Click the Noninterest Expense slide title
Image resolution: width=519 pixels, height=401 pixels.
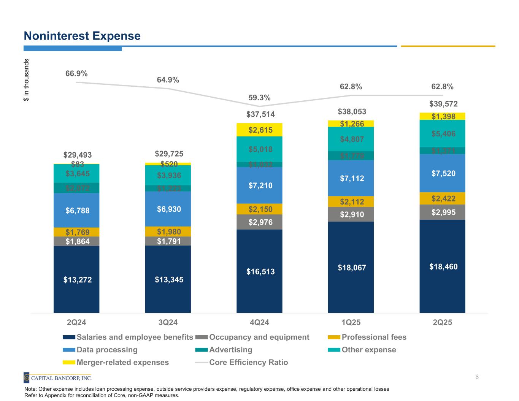tap(82, 36)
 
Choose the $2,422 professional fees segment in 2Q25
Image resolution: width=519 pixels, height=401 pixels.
tap(443, 198)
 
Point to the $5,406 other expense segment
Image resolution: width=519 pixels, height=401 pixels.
tap(443, 133)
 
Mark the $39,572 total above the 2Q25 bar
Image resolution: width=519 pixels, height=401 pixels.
tap(443, 104)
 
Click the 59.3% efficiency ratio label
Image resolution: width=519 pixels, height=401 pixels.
tap(259, 98)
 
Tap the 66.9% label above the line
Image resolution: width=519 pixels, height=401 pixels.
tap(76, 74)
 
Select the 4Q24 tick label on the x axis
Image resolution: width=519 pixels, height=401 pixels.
tap(259, 323)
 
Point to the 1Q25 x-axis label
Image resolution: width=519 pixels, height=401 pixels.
tap(351, 323)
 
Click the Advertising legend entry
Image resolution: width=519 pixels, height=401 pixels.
tap(230, 350)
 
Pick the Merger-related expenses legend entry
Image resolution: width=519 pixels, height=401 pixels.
tap(122, 362)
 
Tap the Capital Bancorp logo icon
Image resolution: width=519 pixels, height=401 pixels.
tap(27, 378)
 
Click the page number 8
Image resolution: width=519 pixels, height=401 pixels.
tap(477, 377)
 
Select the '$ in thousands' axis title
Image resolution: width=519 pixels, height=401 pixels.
tap(26, 80)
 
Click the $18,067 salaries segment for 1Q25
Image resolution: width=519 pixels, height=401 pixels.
tap(352, 268)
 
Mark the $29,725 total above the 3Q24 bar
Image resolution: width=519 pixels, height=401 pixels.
tap(169, 154)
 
